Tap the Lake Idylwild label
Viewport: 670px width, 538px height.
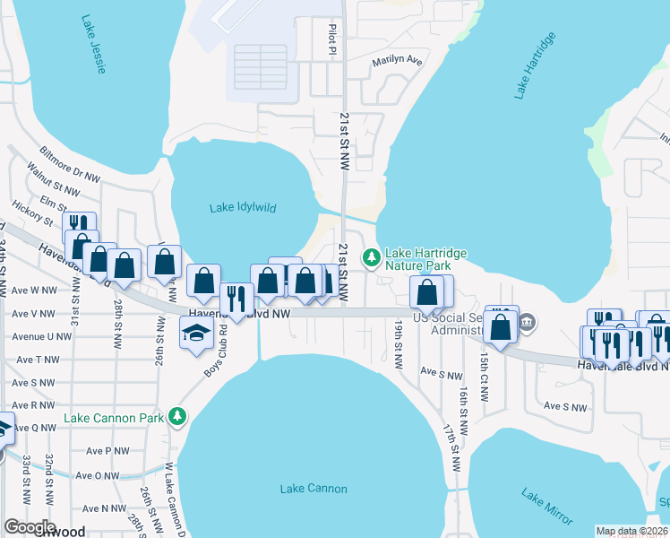(243, 208)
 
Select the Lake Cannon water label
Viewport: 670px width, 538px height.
(313, 489)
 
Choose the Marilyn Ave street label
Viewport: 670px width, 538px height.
(397, 62)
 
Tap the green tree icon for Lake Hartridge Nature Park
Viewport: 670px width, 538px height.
(372, 258)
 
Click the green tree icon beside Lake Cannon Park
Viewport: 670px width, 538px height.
(178, 418)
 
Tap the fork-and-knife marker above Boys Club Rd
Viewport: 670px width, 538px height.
(236, 299)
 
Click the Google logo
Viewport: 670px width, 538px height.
(30, 527)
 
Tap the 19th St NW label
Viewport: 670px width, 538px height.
(397, 345)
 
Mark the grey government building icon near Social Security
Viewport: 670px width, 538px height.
(527, 322)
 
